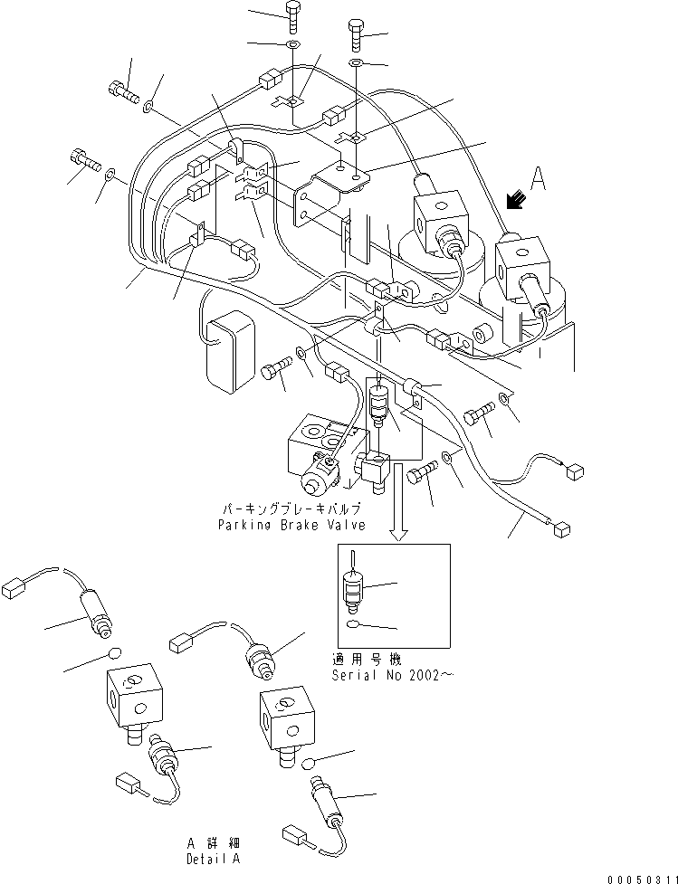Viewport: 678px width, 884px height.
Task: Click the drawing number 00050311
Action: point(642,875)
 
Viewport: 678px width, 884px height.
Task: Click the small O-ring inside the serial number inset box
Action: point(353,624)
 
